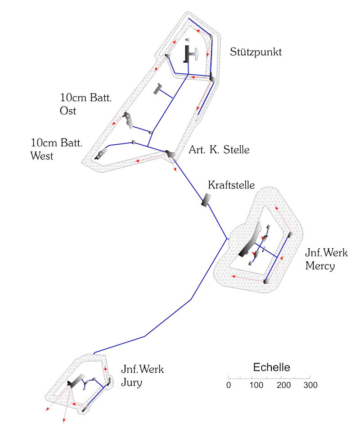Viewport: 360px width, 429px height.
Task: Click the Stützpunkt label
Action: [256, 52]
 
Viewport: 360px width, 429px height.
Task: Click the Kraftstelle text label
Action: [231, 185]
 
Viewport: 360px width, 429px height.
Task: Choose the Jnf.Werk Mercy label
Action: [326, 259]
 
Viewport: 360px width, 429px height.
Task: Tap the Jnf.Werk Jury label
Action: [142, 376]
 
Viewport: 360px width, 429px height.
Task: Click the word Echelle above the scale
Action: [271, 367]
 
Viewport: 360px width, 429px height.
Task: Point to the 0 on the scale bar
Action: [229, 385]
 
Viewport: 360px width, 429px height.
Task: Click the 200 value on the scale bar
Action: [283, 385]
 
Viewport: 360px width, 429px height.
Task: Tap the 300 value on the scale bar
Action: [310, 385]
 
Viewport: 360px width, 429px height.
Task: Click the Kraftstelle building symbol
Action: [206, 200]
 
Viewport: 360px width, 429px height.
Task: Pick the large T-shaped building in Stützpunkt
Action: [190, 54]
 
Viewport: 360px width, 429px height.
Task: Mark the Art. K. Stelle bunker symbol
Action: [170, 154]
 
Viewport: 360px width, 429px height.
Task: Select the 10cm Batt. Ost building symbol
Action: [129, 120]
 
